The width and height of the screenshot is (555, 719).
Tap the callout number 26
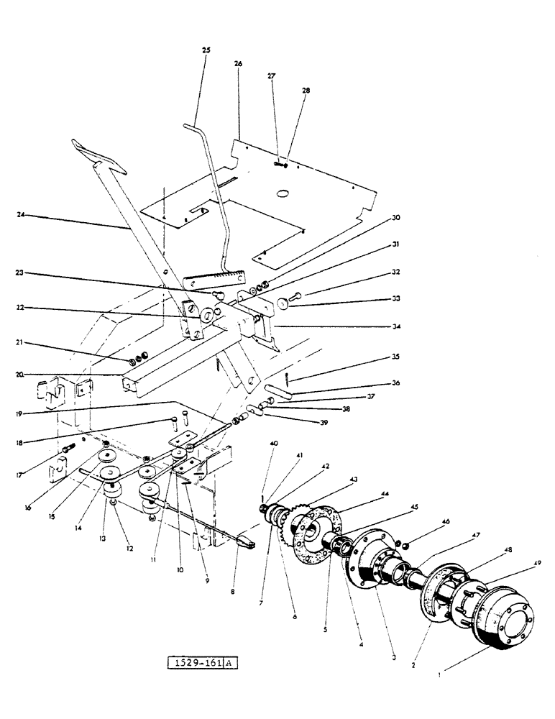point(238,63)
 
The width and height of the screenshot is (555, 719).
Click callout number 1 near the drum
point(441,674)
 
